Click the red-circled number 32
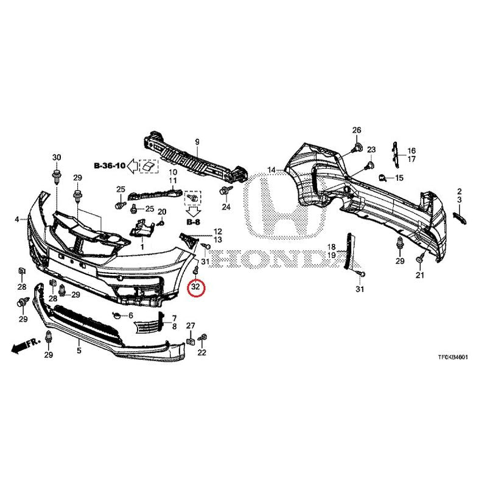[x=196, y=287]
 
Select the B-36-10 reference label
[x=110, y=166]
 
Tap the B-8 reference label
[x=194, y=222]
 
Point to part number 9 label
[x=197, y=142]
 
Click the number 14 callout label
[x=272, y=170]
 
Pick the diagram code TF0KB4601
[x=453, y=357]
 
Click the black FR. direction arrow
[x=18, y=348]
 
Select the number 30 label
[x=57, y=158]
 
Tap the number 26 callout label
[x=357, y=130]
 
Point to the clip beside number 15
[x=382, y=178]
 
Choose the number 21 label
[x=419, y=275]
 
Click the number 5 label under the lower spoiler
[x=79, y=351]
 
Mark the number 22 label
[x=202, y=352]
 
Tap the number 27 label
[x=191, y=326]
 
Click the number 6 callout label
[x=131, y=315]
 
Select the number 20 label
[x=162, y=212]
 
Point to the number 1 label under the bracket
[x=142, y=247]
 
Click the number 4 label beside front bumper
[x=17, y=220]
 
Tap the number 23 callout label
[x=371, y=150]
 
